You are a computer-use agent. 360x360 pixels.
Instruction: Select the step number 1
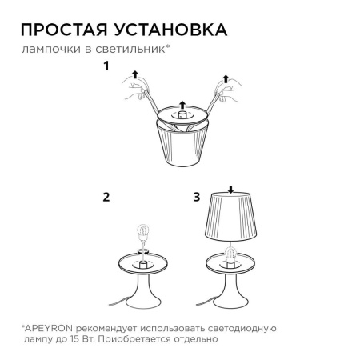(105, 66)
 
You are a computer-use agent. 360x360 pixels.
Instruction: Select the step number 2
(106, 195)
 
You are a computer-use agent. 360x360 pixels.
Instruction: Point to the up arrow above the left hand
(135, 74)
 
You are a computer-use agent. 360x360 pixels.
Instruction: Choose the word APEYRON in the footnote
(52, 328)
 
